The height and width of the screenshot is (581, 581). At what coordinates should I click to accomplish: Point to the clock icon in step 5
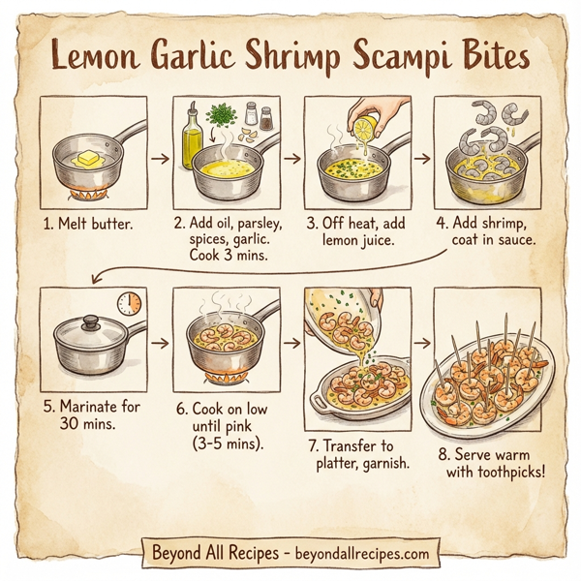coord(129,304)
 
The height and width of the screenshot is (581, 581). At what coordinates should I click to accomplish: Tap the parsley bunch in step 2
coord(223,116)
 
